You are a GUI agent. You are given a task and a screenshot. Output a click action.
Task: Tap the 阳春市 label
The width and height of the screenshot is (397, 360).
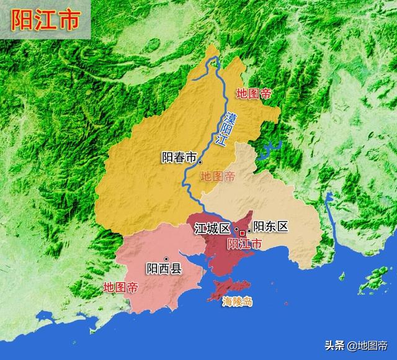(x=178, y=158)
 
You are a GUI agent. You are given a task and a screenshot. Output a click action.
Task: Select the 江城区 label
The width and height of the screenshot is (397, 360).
(x=212, y=228)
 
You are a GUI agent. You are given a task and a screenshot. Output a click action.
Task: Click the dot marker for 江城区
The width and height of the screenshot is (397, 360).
(x=236, y=228)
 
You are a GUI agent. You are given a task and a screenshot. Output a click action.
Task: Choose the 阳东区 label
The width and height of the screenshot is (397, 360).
(x=271, y=227)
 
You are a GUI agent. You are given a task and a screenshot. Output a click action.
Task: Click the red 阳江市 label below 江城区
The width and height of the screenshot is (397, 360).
(x=245, y=243)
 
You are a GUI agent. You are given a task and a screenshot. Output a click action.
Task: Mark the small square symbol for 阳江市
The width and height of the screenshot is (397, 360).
(x=243, y=233)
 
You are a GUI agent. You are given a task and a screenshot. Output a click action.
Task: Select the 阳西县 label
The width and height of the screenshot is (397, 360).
(x=164, y=269)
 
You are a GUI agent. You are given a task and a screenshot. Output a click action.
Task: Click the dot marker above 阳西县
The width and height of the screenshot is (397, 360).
(x=166, y=258)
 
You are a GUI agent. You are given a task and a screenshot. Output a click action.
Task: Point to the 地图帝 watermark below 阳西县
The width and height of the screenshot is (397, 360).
(x=120, y=287)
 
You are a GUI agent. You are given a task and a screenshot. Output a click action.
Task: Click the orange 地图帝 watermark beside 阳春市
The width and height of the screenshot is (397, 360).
(x=218, y=176)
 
